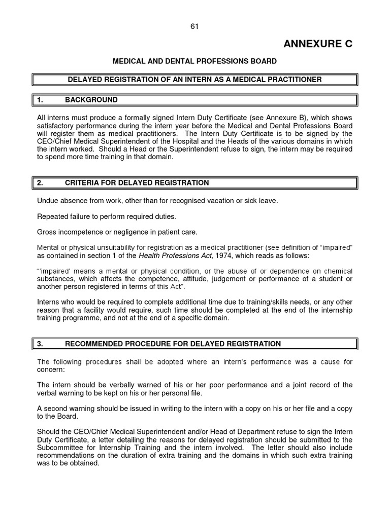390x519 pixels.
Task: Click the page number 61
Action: pos(194,26)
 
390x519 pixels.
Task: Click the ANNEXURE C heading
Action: pos(318,44)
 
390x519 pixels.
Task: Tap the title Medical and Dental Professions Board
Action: pos(194,61)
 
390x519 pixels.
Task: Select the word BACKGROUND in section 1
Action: pos(91,100)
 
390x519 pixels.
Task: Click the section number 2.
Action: pos(40,182)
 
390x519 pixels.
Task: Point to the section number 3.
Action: pos(40,344)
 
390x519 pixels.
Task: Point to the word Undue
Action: pos(47,201)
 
